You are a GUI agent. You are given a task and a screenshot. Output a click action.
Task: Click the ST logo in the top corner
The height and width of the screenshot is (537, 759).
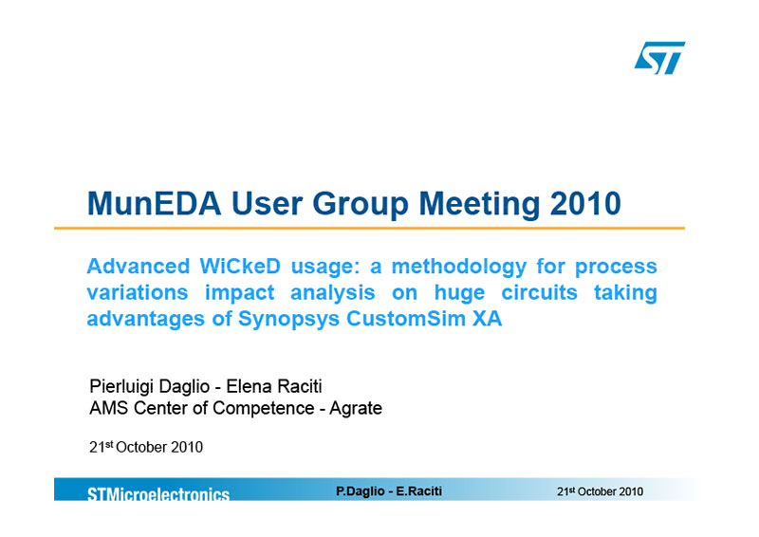[659, 58]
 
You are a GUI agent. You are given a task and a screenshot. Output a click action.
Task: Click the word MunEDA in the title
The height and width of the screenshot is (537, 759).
[154, 203]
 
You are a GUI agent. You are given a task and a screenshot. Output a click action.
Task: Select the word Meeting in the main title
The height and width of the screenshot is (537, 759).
[479, 204]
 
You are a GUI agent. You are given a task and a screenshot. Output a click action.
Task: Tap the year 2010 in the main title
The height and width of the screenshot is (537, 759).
[585, 203]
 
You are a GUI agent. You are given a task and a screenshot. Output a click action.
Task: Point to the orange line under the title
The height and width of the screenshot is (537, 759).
[369, 228]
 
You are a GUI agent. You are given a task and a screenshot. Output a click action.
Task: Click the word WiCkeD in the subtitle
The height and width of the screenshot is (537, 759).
[240, 267]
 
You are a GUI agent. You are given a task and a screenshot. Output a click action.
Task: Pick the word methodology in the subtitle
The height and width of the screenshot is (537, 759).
[458, 268]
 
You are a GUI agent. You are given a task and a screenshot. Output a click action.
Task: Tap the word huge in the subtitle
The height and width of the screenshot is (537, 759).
[459, 293]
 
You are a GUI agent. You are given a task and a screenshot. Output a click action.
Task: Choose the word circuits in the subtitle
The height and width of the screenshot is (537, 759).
[539, 292]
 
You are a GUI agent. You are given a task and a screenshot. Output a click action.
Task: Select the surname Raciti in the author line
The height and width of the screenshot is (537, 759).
[297, 386]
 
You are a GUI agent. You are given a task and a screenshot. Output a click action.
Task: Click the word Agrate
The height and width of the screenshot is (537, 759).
[356, 409]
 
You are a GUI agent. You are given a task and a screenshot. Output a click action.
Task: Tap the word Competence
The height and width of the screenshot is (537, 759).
[264, 408]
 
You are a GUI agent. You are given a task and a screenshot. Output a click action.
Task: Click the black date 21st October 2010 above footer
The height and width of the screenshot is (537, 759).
[146, 447]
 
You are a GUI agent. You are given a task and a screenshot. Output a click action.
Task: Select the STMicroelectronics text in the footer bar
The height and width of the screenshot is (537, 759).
[158, 494]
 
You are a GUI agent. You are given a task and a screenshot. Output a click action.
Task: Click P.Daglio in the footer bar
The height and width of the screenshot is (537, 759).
[361, 491]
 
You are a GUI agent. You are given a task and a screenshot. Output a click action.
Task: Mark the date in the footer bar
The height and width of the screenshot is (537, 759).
[600, 491]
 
